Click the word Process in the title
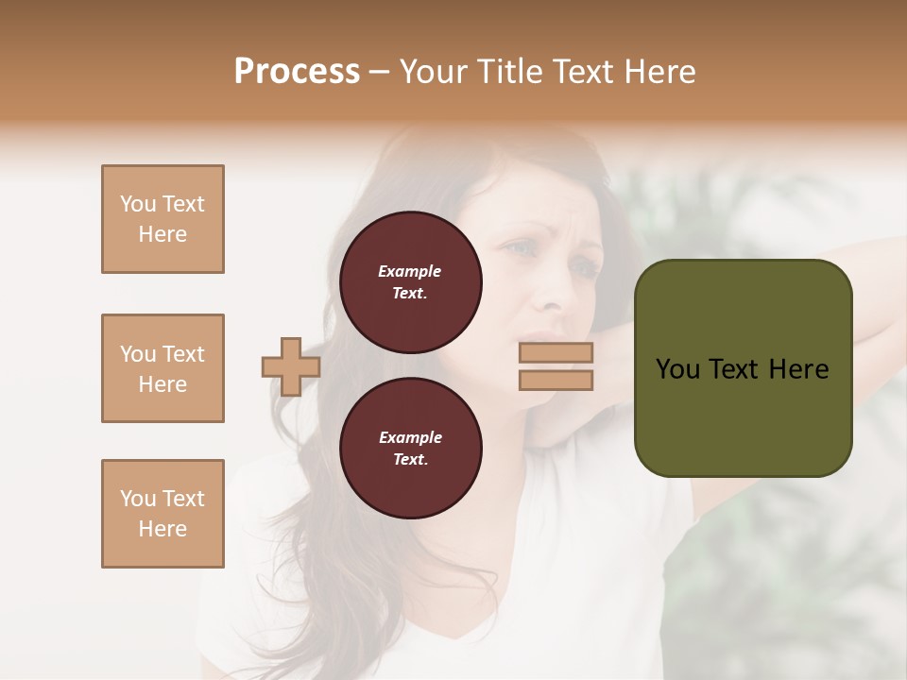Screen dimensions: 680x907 click(x=297, y=72)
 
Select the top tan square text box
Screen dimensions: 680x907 click(x=163, y=219)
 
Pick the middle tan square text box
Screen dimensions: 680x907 click(x=163, y=368)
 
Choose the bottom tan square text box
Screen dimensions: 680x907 click(x=163, y=514)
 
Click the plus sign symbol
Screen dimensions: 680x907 click(x=291, y=366)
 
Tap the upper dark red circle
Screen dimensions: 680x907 click(x=411, y=282)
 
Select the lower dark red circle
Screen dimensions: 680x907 click(x=411, y=449)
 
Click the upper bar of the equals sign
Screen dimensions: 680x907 click(x=556, y=352)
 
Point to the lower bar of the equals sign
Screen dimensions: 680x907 click(x=556, y=380)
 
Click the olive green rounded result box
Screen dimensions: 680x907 click(x=743, y=368)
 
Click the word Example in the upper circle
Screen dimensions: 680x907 click(x=410, y=271)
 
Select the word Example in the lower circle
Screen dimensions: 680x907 click(x=410, y=437)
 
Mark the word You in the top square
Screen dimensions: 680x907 click(x=138, y=204)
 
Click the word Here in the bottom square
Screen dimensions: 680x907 click(x=163, y=529)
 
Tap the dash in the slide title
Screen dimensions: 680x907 click(x=380, y=72)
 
